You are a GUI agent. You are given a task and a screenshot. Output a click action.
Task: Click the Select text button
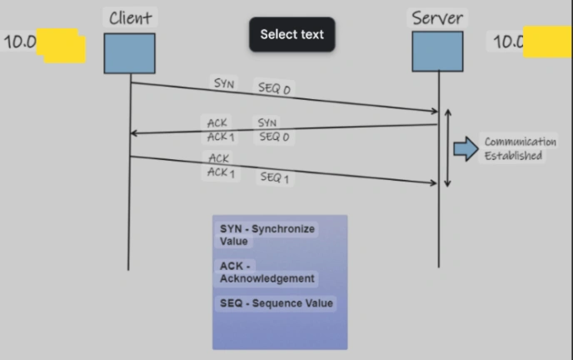[291, 34]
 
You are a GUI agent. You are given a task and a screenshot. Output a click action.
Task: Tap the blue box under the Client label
[130, 52]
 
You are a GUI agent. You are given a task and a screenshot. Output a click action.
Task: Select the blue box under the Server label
[437, 51]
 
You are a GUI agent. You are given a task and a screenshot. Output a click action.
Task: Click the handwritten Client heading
[131, 17]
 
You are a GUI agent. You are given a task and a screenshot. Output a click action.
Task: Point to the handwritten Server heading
[437, 17]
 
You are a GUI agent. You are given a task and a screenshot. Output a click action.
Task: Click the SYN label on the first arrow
[225, 83]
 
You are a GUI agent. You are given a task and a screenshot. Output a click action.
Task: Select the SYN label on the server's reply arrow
[267, 123]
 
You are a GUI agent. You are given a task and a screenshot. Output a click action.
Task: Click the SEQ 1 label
[274, 177]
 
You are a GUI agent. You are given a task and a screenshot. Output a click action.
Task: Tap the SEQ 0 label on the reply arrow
[274, 137]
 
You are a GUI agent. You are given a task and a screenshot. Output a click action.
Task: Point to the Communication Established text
[521, 148]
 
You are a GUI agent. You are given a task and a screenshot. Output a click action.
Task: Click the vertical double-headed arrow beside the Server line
[449, 147]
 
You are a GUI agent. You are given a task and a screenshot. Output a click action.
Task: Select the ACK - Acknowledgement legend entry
[267, 272]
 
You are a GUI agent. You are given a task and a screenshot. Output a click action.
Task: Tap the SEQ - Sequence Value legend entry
[277, 303]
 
